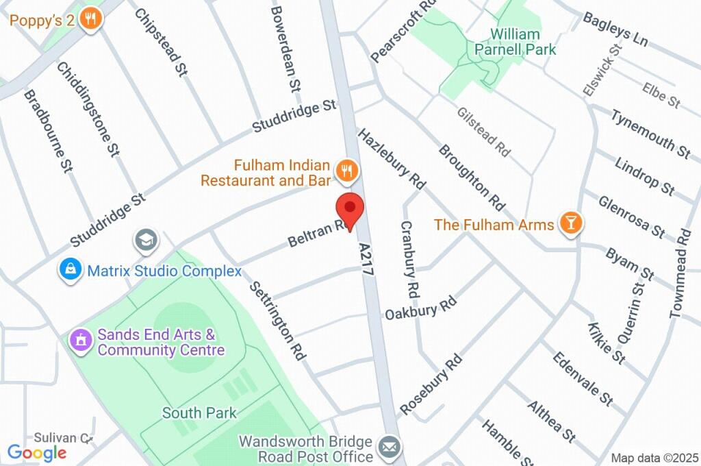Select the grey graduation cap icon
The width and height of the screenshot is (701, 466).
pyautogui.click(x=146, y=240)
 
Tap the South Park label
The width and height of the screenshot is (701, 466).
pyautogui.click(x=199, y=413)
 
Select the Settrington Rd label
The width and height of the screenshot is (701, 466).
pyautogui.click(x=277, y=320)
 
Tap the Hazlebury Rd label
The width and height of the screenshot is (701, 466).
pyautogui.click(x=391, y=158)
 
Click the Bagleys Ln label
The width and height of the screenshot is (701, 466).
pyautogui.click(x=615, y=28)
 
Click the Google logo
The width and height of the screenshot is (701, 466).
pyautogui.click(x=37, y=452)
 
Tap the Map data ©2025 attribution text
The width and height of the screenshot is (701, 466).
pyautogui.click(x=654, y=458)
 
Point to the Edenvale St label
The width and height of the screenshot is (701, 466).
pyautogui.click(x=583, y=379)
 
